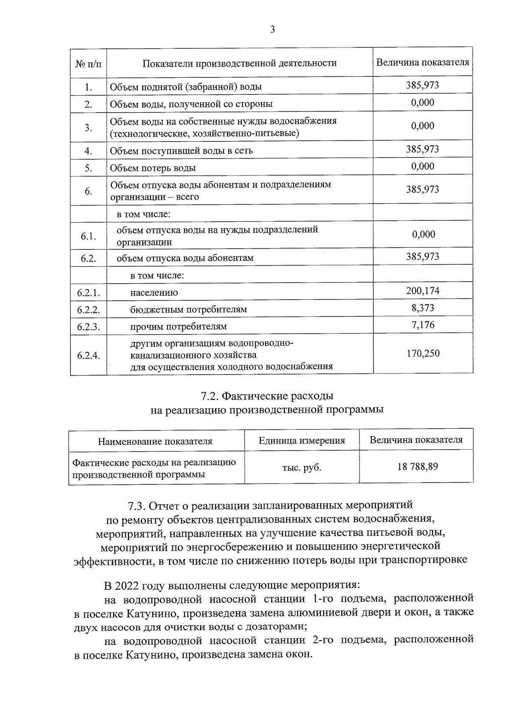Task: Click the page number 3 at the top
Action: coord(272,29)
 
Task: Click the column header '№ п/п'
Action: coord(88,64)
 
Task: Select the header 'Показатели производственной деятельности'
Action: coord(239,63)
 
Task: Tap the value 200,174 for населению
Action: coord(422,291)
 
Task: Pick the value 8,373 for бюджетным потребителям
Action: coord(422,308)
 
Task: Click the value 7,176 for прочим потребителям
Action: coord(422,325)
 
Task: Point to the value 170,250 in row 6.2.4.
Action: coord(422,353)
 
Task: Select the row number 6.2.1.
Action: coord(88,292)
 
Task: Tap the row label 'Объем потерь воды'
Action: coord(153,168)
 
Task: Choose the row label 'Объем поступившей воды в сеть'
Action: coord(181,151)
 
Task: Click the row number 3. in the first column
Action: coord(88,127)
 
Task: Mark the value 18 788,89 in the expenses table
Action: coord(417,467)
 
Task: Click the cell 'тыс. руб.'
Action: coord(302,468)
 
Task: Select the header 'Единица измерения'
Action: coord(302,441)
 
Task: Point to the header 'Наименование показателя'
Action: coord(155,441)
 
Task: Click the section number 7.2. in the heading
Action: coord(210,396)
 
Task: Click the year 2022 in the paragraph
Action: coord(127,585)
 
